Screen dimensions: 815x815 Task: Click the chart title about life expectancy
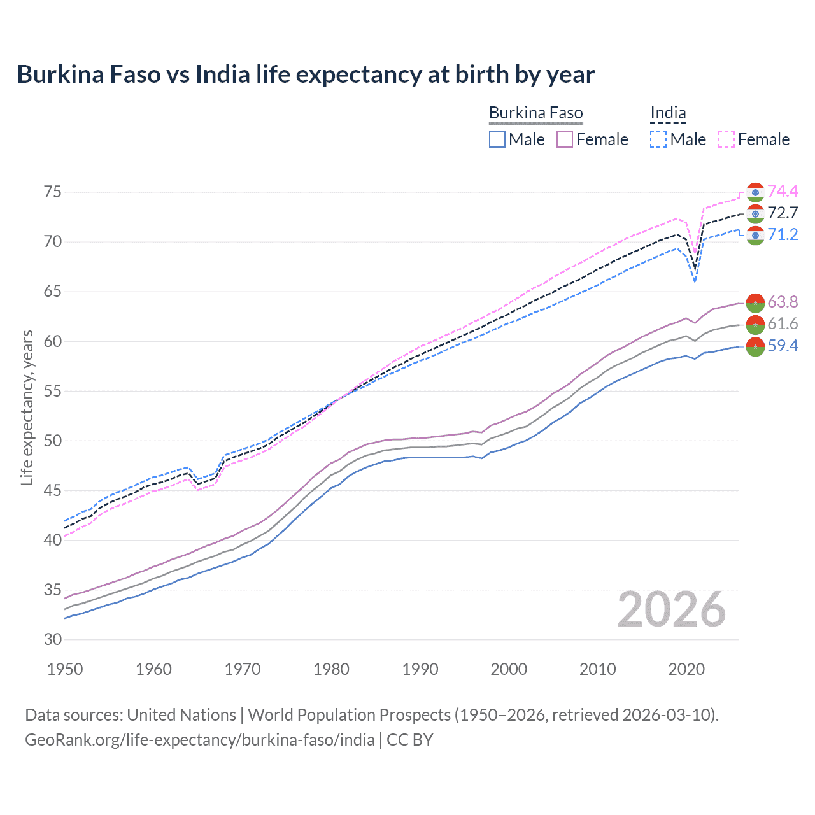tap(306, 74)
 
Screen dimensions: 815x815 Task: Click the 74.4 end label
tap(783, 191)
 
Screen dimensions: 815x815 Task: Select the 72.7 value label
tap(783, 213)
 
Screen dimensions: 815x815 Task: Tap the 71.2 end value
tap(783, 234)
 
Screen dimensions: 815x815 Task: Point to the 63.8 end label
tap(783, 302)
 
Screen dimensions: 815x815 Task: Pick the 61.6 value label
tap(783, 323)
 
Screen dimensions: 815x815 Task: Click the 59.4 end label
tap(783, 346)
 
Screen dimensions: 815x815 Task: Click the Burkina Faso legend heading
tap(535, 113)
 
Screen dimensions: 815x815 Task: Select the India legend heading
tap(668, 113)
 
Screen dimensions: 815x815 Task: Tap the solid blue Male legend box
tap(497, 139)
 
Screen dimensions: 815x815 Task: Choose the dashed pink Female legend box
tap(726, 139)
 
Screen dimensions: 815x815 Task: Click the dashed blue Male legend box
tap(658, 139)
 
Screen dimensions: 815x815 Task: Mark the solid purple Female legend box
tap(565, 139)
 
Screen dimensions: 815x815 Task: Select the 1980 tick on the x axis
tap(331, 669)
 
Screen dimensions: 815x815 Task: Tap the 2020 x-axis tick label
tap(686, 669)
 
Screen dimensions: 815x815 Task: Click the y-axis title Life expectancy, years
tap(27, 407)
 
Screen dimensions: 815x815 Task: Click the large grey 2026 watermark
tap(671, 610)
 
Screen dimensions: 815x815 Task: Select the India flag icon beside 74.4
tap(755, 192)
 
